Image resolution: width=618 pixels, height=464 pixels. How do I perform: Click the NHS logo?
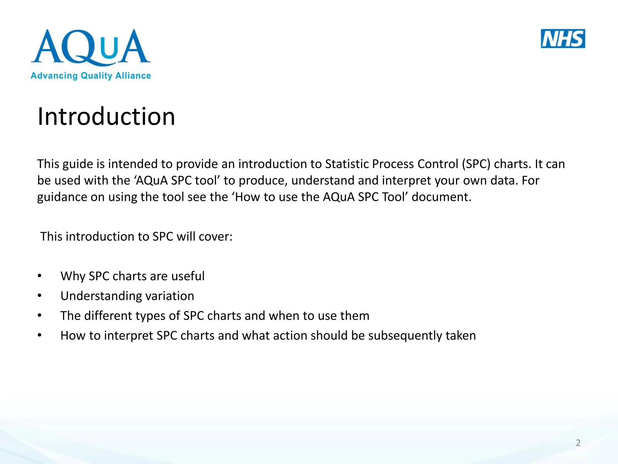pyautogui.click(x=563, y=39)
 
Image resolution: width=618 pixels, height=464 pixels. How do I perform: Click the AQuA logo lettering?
pyautogui.click(x=91, y=47)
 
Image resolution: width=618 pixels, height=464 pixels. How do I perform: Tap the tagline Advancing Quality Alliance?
pyautogui.click(x=91, y=76)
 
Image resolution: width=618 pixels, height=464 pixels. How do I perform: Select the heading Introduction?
pyautogui.click(x=106, y=117)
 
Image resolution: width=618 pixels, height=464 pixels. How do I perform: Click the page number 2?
pyautogui.click(x=578, y=443)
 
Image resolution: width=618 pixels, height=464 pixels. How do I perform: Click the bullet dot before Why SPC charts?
pyautogui.click(x=40, y=276)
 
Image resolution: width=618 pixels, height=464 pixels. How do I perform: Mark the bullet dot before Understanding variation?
pyautogui.click(x=40, y=296)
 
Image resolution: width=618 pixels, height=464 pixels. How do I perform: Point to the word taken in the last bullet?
pyautogui.click(x=460, y=336)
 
